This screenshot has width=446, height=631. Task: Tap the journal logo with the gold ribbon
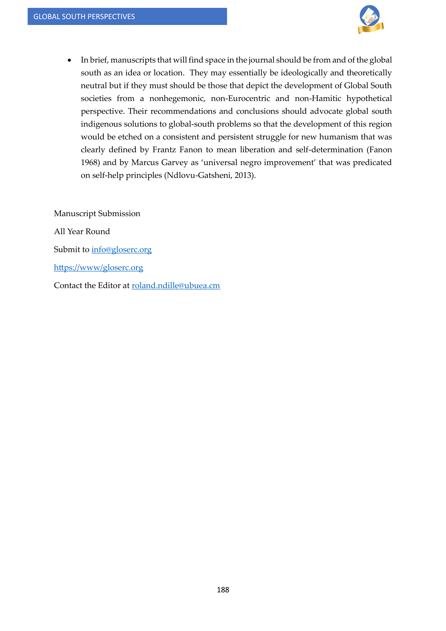coord(370,19)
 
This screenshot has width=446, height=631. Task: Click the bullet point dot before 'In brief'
coord(69,60)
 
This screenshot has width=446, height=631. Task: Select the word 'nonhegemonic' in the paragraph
coord(177,98)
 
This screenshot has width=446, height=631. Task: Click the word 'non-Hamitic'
coord(318,98)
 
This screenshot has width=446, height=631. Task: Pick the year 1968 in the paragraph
coord(90,162)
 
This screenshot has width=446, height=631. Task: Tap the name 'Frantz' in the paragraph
coord(164,150)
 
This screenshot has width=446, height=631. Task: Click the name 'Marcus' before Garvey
coord(145,162)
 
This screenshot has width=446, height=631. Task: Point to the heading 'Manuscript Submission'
coord(97,214)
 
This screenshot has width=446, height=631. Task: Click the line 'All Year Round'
coord(82,231)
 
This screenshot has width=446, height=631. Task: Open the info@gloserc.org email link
coord(121,250)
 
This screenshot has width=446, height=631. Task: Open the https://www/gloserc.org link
coord(98,267)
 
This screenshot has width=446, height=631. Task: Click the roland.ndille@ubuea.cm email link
coord(176,286)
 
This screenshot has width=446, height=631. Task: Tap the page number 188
coord(223,590)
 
